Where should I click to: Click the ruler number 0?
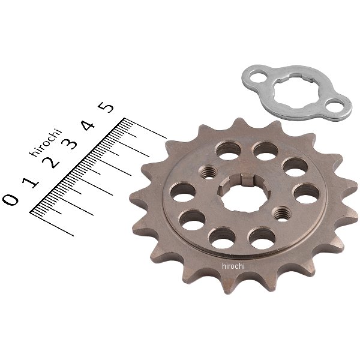(x=11, y=199)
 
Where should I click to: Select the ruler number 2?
(x=51, y=163)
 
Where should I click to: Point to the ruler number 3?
(x=70, y=144)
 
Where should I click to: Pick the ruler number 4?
(x=88, y=125)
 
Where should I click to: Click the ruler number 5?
(x=106, y=107)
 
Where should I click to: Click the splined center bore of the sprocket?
(x=244, y=193)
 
